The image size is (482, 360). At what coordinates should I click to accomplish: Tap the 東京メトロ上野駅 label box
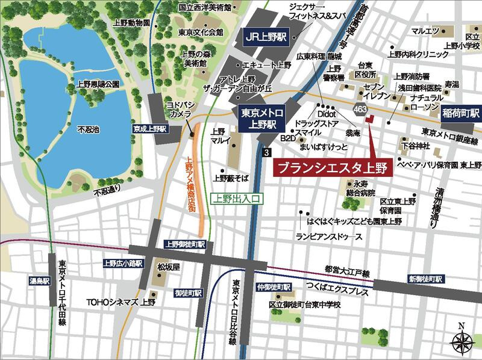(260, 118)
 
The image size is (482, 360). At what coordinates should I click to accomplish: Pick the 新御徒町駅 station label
(426, 279)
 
